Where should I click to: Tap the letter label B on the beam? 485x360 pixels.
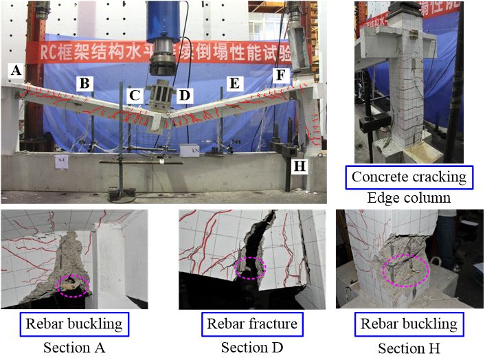[x=85, y=85]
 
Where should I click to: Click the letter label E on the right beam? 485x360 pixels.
[x=234, y=84]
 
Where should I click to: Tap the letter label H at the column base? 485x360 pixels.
[x=298, y=166]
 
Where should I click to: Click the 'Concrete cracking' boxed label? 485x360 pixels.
[x=409, y=177]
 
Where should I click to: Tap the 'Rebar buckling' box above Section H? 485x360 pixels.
[x=409, y=322]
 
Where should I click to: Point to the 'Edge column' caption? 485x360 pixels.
[x=409, y=198]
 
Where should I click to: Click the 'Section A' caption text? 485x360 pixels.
[x=74, y=347]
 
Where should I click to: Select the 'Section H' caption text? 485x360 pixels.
[x=409, y=347]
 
